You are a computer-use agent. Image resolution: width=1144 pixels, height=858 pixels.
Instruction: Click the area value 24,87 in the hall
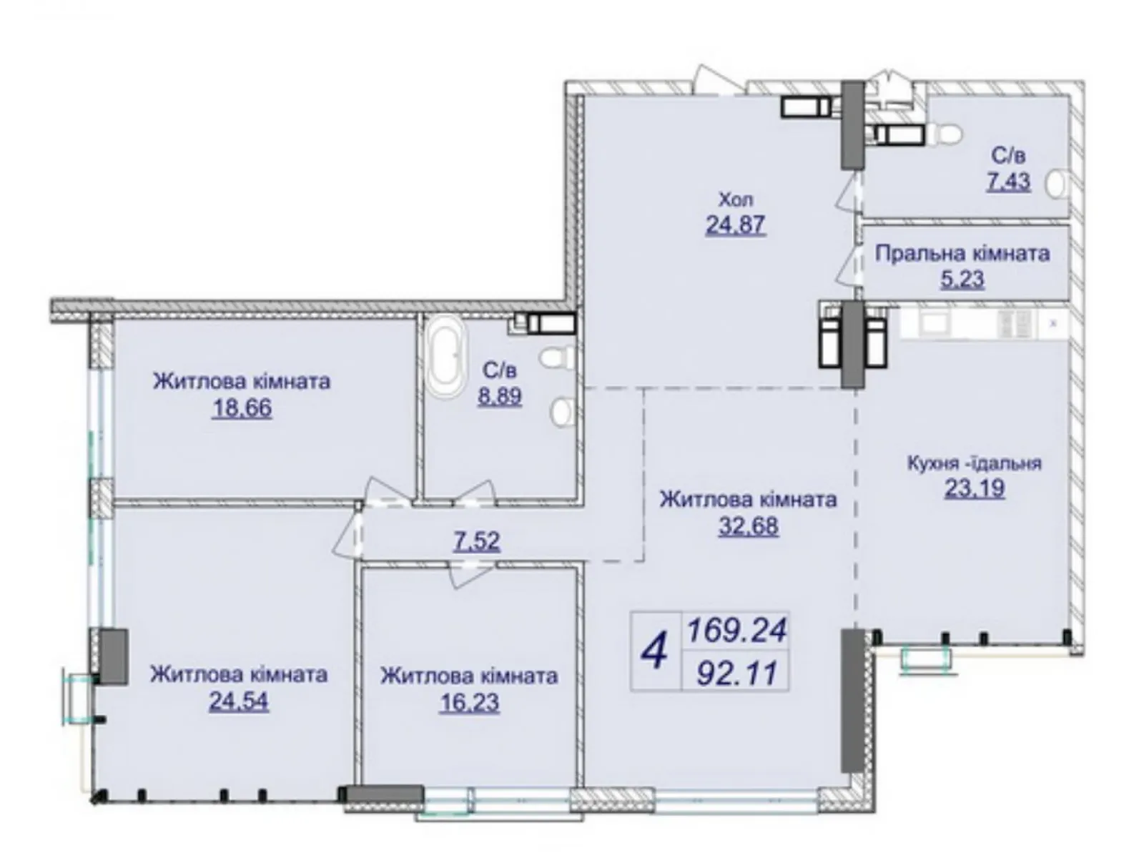pos(735,225)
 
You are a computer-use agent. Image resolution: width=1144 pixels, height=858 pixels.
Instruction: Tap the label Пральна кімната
pos(962,253)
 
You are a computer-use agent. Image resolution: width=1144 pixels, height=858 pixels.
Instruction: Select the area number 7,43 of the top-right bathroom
pos(1009,181)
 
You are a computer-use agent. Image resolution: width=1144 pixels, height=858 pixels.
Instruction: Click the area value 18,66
pos(242,408)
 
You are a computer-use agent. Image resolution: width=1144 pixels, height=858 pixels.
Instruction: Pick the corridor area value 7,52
pos(477,541)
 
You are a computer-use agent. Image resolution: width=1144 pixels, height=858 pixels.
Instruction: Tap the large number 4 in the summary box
pos(654,651)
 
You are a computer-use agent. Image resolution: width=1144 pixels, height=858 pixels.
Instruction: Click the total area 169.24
pos(736,630)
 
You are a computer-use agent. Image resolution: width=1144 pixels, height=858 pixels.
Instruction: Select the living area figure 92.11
pos(736,672)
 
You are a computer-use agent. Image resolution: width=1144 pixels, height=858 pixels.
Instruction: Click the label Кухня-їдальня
pos(974,463)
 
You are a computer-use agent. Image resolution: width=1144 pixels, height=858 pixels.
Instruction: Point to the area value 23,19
pos(974,488)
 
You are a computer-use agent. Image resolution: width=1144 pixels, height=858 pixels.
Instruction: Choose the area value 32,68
pos(748,526)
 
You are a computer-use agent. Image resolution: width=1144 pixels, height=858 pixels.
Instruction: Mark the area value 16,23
pos(469,702)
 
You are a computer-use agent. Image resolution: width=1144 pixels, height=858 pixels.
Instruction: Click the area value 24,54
pos(239,701)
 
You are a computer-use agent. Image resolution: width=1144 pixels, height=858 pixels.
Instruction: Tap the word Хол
pos(736,199)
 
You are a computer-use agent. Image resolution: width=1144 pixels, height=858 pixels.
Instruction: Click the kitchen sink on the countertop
pos(932,324)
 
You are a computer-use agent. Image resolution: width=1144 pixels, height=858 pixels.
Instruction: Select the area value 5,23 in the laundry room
pos(962,279)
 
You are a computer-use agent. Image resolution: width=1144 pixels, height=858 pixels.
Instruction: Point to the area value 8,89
pos(500,395)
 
